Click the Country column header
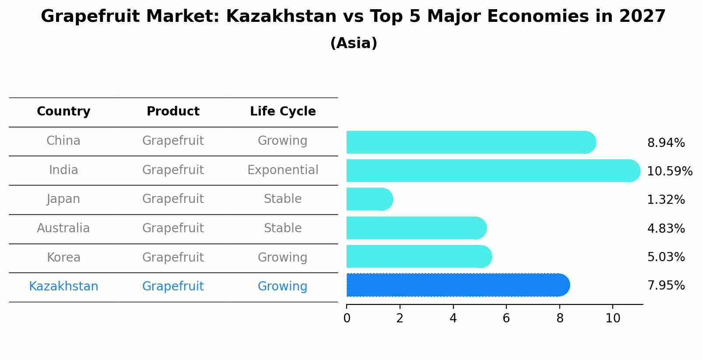coord(63,111)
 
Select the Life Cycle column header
coord(283,111)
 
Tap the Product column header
coord(173,111)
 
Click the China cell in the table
coord(63,141)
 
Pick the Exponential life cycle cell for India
coord(283,170)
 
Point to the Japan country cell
coord(63,199)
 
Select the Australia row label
coord(63,228)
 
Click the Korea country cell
coord(63,257)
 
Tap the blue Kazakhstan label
coord(63,287)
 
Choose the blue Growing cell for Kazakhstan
coord(283,287)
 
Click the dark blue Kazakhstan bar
coord(458,285)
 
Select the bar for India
coord(493,171)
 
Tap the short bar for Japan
coord(370,199)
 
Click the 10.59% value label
coord(670,171)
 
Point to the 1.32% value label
coord(666,199)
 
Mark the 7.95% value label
coord(666,286)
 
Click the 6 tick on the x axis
coord(506,318)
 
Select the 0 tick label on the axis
coord(347,318)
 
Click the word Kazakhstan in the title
coord(281,16)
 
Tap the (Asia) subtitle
coord(354,43)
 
